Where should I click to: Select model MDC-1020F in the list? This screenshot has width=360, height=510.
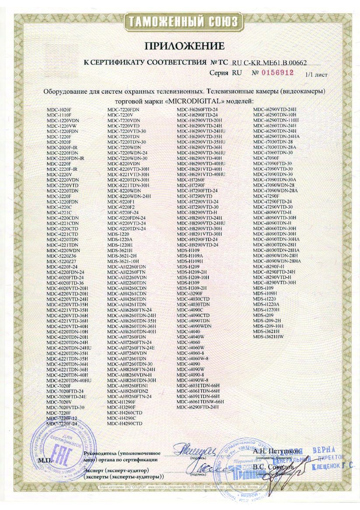coord(59,108)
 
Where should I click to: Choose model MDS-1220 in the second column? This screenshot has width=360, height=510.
coord(117,234)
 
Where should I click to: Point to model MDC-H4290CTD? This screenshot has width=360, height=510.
coord(125,424)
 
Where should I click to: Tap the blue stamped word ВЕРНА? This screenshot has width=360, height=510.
coord(324,450)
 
